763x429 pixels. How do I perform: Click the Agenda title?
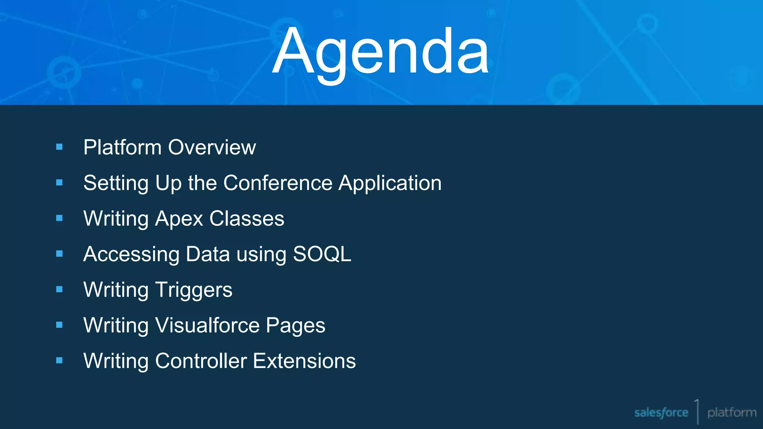[380, 52]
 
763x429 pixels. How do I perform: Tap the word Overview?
[212, 147]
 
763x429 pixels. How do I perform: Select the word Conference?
[278, 183]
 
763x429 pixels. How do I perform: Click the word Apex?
[179, 219]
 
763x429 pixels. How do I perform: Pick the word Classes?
[247, 219]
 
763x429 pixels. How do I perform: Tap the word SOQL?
[322, 254]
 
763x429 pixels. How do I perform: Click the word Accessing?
[132, 255]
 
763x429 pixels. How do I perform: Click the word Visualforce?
[207, 325]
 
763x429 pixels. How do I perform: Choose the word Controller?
[201, 361]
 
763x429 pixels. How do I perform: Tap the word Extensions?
[304, 361]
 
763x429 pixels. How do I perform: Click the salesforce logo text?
[661, 413]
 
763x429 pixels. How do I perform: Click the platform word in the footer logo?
[732, 413]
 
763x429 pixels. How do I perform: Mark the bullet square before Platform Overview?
[59, 147]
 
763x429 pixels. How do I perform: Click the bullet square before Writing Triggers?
[59, 289]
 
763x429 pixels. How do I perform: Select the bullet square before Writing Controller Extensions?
[59, 360]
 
